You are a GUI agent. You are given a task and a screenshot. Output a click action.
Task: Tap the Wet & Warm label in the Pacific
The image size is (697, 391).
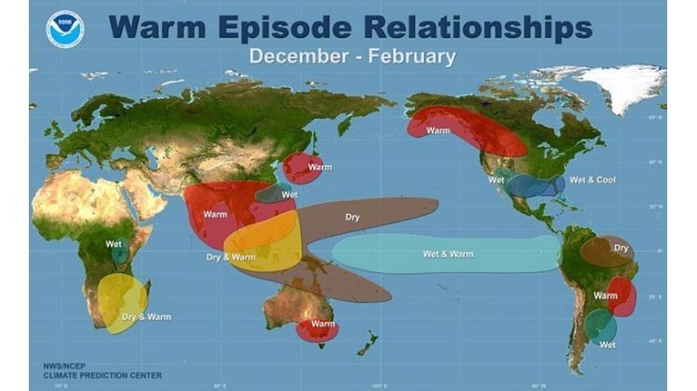click(447, 253)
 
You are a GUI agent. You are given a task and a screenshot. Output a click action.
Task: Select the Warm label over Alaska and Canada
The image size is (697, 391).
click(438, 130)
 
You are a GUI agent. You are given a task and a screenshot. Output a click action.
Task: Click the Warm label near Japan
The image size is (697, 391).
click(320, 167)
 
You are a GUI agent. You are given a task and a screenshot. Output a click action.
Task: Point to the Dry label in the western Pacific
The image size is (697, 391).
click(352, 217)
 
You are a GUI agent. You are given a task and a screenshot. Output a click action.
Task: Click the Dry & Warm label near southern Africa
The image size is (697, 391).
click(147, 317)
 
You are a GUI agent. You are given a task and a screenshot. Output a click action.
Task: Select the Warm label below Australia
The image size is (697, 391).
click(322, 324)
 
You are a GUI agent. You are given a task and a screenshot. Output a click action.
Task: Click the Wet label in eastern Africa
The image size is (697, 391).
click(114, 246)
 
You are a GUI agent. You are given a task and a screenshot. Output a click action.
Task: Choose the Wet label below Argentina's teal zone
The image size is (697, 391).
click(608, 344)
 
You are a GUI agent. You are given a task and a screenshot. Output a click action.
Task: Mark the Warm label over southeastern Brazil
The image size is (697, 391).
click(606, 295)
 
